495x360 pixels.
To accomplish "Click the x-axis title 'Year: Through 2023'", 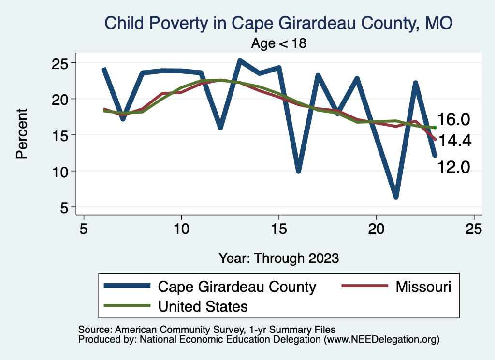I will pyautogui.click(x=279, y=258).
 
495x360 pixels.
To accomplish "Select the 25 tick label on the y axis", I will pyautogui.click(x=62, y=63).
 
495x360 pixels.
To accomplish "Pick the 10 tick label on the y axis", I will pyautogui.click(x=62, y=171).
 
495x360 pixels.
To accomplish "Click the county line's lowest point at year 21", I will pyautogui.click(x=396, y=197).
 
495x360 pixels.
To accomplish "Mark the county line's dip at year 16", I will pyautogui.click(x=299, y=171).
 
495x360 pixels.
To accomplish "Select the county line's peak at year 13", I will pyautogui.click(x=240, y=61).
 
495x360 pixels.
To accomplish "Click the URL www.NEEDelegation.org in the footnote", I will pyautogui.click(x=381, y=339).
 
